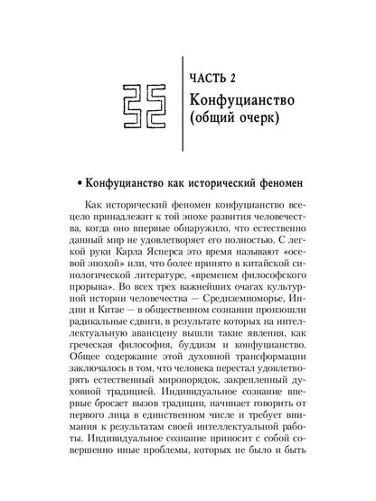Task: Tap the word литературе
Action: (x=160, y=285)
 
